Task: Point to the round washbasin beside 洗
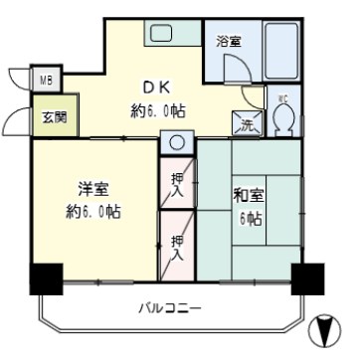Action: (x=176, y=142)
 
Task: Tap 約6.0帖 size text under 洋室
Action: (x=94, y=211)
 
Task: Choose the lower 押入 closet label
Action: (x=177, y=247)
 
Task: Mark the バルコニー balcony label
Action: (x=169, y=308)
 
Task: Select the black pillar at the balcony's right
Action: (x=306, y=277)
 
